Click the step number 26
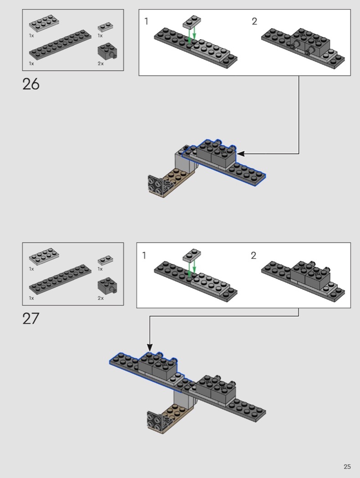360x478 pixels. [x=31, y=84]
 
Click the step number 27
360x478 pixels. [x=31, y=319]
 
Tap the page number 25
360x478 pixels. [x=347, y=467]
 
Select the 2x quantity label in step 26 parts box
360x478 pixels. [x=101, y=63]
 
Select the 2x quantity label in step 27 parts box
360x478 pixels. [x=101, y=298]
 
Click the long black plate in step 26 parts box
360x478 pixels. [x=60, y=45]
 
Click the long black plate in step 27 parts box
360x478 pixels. [x=60, y=279]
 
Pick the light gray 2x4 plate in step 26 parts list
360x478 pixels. [x=44, y=25]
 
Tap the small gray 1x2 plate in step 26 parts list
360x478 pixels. [x=105, y=27]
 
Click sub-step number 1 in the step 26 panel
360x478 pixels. [x=146, y=21]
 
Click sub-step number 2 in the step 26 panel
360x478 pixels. [x=254, y=21]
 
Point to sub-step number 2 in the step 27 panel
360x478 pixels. [x=253, y=255]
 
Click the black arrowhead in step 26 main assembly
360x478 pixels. [x=241, y=154]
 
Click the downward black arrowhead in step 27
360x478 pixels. [x=149, y=347]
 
